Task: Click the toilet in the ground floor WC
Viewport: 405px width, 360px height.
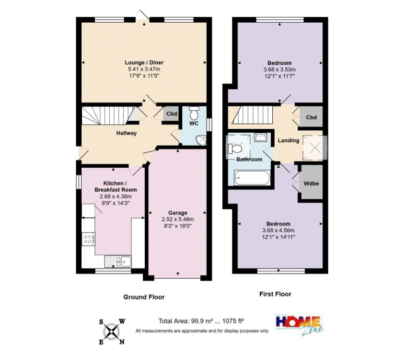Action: coord(194,112)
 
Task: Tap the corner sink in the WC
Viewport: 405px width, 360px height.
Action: coord(201,140)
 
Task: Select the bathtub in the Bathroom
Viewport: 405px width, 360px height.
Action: coord(252,177)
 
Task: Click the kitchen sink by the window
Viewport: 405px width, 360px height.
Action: coord(118,261)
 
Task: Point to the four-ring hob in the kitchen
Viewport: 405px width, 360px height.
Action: coord(88,239)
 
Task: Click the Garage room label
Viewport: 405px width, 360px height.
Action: coord(177,213)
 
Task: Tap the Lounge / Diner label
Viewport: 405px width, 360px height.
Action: coord(144,62)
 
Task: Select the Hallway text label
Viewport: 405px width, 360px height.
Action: coord(127,133)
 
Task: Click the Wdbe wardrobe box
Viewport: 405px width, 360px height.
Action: coord(311,184)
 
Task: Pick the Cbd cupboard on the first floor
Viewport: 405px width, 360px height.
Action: coord(311,117)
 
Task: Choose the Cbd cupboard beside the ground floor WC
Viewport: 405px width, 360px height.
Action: coord(172,113)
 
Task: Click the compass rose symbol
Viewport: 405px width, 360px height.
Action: coord(112,332)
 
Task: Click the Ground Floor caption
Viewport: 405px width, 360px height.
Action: coord(144,297)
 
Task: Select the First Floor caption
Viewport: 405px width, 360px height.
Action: coord(275,294)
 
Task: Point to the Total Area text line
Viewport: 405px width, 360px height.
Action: coord(201,321)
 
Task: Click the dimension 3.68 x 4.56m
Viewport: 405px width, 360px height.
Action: coord(278,230)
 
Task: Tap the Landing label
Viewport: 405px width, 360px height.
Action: coord(289,140)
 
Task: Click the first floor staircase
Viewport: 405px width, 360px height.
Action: coord(253,115)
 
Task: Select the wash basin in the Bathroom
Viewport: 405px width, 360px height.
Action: coord(261,137)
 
